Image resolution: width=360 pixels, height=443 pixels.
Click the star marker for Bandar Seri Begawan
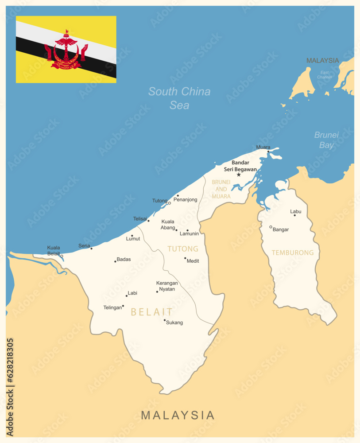click(x=239, y=175)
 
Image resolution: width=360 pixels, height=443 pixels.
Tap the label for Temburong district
click(x=292, y=253)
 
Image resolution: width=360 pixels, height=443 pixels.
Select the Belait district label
click(x=151, y=312)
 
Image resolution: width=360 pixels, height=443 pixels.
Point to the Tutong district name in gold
click(x=183, y=249)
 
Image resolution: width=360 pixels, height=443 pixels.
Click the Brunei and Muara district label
click(x=221, y=189)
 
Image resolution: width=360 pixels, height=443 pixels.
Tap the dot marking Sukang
click(x=165, y=320)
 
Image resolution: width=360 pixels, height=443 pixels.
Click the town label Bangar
click(x=281, y=229)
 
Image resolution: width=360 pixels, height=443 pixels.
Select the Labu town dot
click(x=294, y=215)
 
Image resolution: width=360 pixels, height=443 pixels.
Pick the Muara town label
click(x=263, y=147)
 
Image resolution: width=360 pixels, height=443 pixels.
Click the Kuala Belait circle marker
click(x=62, y=256)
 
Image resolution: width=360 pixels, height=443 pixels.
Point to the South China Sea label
click(x=179, y=98)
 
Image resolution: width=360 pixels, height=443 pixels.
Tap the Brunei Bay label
click(x=326, y=140)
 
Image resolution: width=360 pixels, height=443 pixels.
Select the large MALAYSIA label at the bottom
click(x=178, y=415)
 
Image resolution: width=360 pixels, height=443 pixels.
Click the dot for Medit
click(x=185, y=258)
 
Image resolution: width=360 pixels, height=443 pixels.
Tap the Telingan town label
click(x=112, y=307)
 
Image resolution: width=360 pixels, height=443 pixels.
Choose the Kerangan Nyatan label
click(x=167, y=286)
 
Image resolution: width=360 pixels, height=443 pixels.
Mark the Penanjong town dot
click(x=178, y=195)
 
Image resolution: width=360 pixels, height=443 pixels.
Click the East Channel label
click(x=325, y=74)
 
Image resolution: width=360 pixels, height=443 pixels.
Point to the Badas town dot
click(x=115, y=261)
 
